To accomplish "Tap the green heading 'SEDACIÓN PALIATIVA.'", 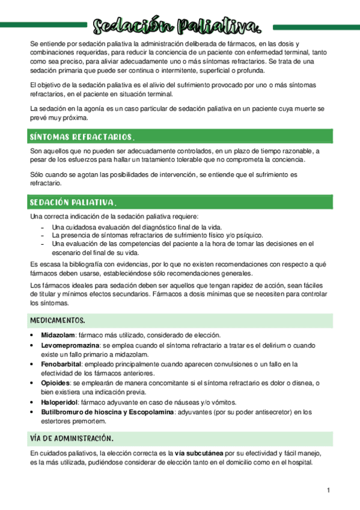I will (x=73, y=201).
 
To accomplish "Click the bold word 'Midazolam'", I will (x=58, y=335).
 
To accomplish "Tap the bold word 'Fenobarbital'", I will (x=61, y=364).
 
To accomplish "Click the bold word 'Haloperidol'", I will (x=59, y=402).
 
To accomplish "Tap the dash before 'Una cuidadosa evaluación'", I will (x=41, y=227).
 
